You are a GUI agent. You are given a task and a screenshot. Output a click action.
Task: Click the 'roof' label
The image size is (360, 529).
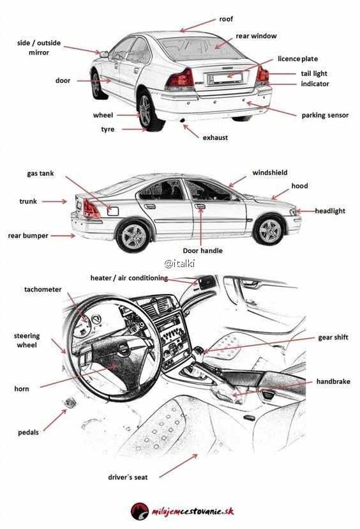226,19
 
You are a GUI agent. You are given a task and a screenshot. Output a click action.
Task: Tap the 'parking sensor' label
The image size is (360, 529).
325,116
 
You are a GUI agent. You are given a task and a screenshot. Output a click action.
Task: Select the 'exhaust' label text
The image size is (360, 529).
215,137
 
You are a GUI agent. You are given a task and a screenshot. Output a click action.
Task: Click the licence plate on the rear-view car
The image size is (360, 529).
226,78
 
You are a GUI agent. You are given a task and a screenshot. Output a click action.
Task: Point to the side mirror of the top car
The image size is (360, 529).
104,54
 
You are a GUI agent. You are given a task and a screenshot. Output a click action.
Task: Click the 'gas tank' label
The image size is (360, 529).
40,173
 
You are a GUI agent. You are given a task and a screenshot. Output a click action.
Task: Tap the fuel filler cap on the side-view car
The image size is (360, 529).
113,211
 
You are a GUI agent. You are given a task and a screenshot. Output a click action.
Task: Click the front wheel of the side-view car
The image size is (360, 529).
269,231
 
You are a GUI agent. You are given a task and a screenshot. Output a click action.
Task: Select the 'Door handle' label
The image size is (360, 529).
202,250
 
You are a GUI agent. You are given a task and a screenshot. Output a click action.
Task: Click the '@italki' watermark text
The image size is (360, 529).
179,263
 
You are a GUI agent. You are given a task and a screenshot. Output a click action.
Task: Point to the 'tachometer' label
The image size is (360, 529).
43,289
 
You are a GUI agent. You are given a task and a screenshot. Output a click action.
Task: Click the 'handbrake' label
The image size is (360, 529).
333,381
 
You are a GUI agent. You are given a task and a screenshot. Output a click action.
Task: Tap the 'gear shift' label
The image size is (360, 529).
333,338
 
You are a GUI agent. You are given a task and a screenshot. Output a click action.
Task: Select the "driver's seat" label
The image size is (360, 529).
128,477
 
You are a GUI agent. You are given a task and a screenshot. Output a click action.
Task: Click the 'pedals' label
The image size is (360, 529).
28,433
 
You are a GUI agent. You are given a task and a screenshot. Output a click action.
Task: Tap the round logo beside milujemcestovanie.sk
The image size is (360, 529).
140,512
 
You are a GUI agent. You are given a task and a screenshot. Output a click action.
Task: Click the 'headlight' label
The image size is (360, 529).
330,211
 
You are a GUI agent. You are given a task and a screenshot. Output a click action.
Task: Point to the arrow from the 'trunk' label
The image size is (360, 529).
54,201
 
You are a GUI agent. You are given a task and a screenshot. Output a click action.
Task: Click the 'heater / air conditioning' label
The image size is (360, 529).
129,278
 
